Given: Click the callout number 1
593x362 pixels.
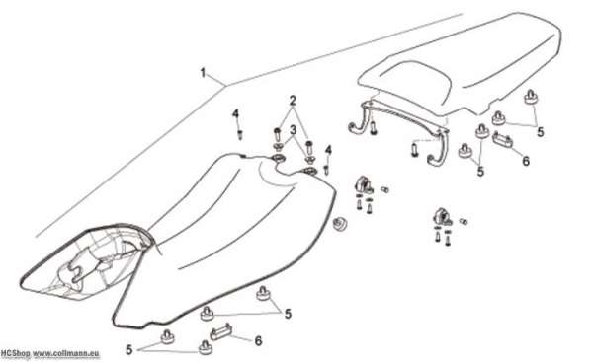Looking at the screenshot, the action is pyautogui.click(x=203, y=73).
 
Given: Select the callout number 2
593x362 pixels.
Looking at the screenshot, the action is pyautogui.click(x=293, y=101).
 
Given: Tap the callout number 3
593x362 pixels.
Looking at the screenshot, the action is pyautogui.click(x=294, y=130).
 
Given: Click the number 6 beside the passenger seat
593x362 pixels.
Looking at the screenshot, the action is pyautogui.click(x=526, y=161).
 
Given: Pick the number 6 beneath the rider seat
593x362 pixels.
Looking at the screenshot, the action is pyautogui.click(x=258, y=341).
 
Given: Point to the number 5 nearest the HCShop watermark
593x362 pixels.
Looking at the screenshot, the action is pyautogui.click(x=129, y=350).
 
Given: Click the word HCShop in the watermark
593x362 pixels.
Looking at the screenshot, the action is pyautogui.click(x=15, y=354).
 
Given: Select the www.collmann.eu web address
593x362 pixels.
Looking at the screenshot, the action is pyautogui.click(x=66, y=354).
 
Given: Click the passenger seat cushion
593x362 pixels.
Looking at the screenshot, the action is pyautogui.click(x=462, y=64).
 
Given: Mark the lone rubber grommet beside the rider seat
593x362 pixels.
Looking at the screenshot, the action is pyautogui.click(x=339, y=224).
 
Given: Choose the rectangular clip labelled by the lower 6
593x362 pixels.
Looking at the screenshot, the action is pyautogui.click(x=221, y=332).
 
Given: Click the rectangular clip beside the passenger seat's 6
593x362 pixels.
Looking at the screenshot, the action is pyautogui.click(x=503, y=139).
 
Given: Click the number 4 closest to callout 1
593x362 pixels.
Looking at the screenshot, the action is pyautogui.click(x=235, y=113).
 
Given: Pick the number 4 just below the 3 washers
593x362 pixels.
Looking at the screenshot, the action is pyautogui.click(x=328, y=150).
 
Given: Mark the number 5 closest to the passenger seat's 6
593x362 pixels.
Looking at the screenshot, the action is pyautogui.click(x=541, y=132).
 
